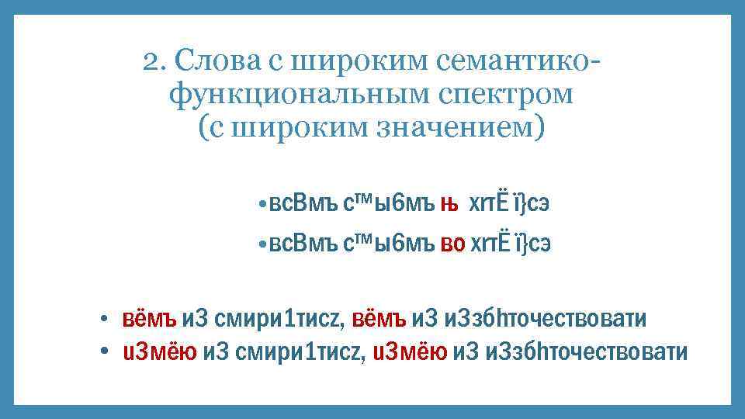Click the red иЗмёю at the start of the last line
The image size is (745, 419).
(160, 351)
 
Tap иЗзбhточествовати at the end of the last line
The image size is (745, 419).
(584, 351)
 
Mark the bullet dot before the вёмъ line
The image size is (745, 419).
(102, 320)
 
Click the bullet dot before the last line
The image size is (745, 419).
(102, 353)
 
